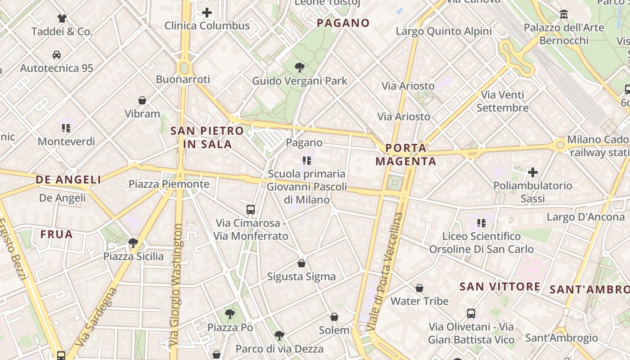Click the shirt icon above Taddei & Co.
pyautogui.click(x=62, y=18)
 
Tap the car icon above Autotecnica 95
pyautogui.click(x=57, y=55)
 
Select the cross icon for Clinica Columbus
pyautogui.click(x=207, y=13)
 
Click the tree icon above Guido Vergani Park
pyautogui.click(x=299, y=68)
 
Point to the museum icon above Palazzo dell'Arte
pyautogui.click(x=564, y=14)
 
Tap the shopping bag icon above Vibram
pyautogui.click(x=142, y=100)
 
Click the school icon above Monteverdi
pyautogui.click(x=67, y=128)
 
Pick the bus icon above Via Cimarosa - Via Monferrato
pyautogui.click(x=251, y=209)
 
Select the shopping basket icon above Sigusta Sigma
pyautogui.click(x=301, y=263)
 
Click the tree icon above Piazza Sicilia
pyautogui.click(x=133, y=243)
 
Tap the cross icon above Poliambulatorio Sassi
pyautogui.click(x=533, y=172)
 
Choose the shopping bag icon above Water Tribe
pyautogui.click(x=419, y=288)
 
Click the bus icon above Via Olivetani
pyautogui.click(x=471, y=314)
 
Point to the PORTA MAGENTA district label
pyautogui.click(x=406, y=154)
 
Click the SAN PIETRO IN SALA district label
pyautogui.click(x=207, y=138)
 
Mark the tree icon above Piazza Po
pyautogui.click(x=230, y=314)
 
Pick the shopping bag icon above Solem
pyautogui.click(x=334, y=317)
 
